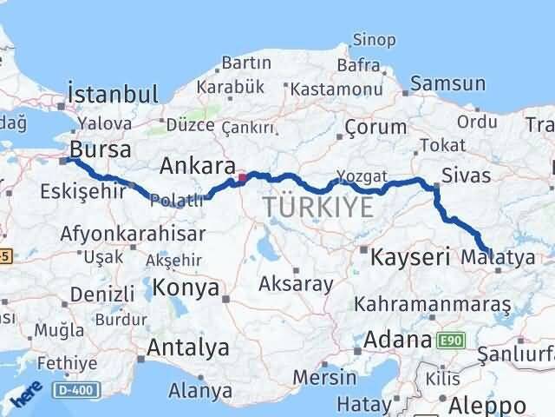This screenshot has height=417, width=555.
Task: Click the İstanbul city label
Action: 113,95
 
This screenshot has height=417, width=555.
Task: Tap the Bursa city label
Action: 101,149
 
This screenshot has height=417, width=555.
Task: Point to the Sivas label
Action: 466,175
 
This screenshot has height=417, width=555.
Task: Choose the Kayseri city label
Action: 410,257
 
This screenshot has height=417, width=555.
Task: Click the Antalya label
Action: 188,347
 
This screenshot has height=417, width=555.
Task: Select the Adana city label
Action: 398,339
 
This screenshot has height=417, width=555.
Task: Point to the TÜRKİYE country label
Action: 319,207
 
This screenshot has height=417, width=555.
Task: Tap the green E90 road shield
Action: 451,340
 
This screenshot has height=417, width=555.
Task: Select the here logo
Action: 26,395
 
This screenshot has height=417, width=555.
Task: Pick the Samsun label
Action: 447,84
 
